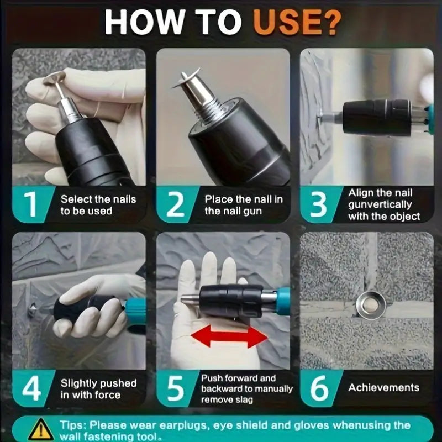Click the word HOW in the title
(144, 23)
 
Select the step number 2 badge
(175, 204)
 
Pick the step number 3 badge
(319, 204)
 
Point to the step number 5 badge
(175, 388)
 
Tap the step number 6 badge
(319, 388)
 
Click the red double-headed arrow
(229, 336)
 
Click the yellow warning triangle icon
(41, 429)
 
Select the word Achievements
(383, 388)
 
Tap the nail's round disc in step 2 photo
(186, 78)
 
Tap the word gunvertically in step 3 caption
(380, 205)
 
